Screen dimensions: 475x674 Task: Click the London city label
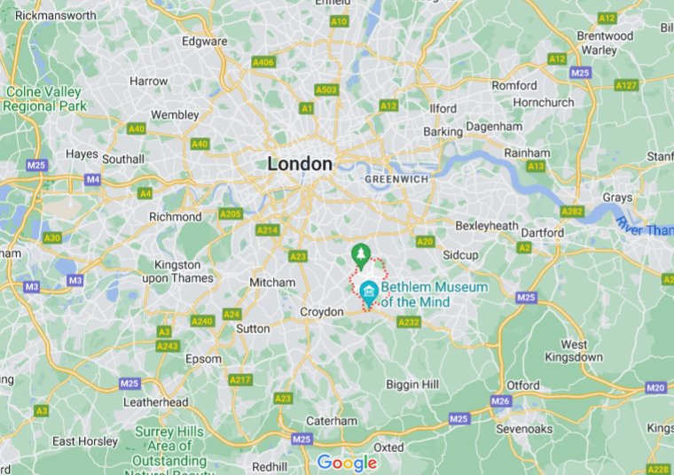[300, 164]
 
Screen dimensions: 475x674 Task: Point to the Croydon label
[321, 312]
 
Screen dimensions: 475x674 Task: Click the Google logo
[347, 463]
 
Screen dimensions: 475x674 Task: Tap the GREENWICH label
[396, 179]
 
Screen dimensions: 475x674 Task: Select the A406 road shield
[263, 63]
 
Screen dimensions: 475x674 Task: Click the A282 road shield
[571, 211]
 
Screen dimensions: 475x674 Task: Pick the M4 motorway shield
[93, 179]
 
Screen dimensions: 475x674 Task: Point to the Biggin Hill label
[414, 384]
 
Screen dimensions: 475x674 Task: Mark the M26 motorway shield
[501, 401]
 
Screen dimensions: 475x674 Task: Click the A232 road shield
[409, 323]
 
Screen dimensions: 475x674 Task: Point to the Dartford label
[542, 233]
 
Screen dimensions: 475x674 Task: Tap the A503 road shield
[326, 90]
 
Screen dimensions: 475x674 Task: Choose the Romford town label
[514, 86]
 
